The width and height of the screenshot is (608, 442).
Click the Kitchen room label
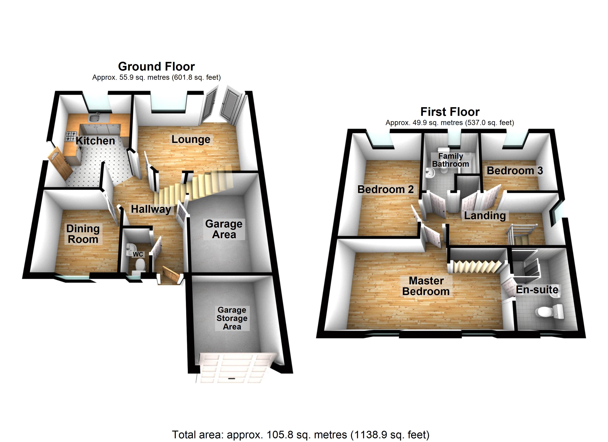pos(95,141)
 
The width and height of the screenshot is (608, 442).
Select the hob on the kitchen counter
pos(71,136)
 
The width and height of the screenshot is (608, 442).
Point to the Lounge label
pos(191,139)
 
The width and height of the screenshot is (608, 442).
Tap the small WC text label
pos(138,254)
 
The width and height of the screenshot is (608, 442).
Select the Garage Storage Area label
pos(232,318)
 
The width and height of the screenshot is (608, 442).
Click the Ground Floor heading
pos(157,66)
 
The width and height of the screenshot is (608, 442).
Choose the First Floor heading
pos(450,111)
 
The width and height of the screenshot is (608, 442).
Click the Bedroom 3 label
pos(515,171)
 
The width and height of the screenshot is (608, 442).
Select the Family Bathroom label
pos(451,160)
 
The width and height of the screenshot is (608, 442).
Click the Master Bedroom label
pos(426,286)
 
